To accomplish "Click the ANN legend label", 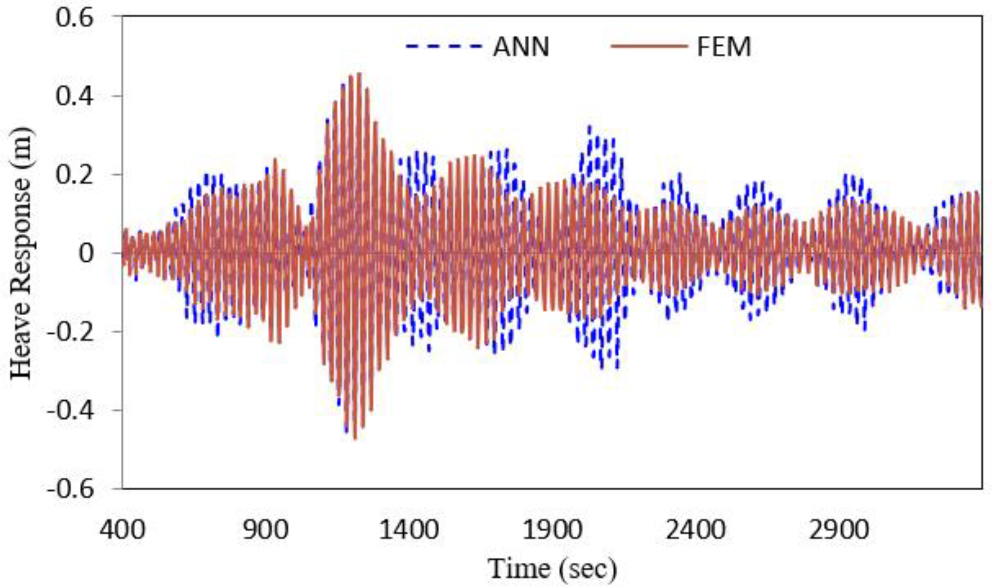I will click(521, 47).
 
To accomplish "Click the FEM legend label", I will click(724, 47).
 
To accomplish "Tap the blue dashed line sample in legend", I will click(443, 46).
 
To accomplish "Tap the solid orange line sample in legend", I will click(649, 46).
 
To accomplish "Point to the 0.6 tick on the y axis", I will click(74, 18).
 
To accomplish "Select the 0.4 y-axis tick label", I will click(74, 96).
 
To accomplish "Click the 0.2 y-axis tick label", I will click(74, 175).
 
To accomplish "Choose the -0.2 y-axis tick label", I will click(71, 332).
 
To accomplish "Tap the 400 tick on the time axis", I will click(122, 530).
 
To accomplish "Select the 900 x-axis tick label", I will click(265, 530).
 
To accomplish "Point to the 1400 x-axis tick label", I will click(409, 530).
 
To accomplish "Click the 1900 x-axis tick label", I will click(553, 530).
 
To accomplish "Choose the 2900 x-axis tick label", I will click(839, 530).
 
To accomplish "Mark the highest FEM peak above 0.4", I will click(359, 74).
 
